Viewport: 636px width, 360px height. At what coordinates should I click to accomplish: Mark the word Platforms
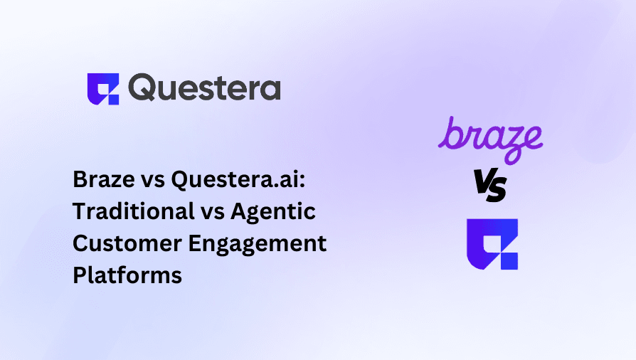coord(127,275)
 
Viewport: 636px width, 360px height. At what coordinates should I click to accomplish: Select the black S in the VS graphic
coord(497,189)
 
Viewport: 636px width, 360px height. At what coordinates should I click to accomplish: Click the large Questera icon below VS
coord(492,243)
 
